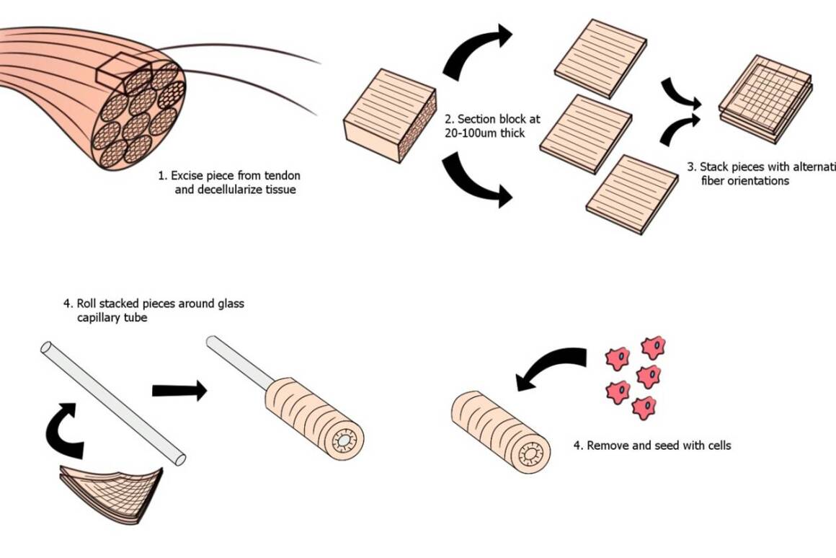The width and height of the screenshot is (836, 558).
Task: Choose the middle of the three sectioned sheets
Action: point(586,133)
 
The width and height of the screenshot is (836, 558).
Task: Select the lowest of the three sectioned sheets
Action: point(631,195)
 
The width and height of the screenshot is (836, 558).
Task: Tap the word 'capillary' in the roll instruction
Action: point(102,317)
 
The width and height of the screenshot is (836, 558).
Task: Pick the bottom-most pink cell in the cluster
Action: point(644,408)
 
